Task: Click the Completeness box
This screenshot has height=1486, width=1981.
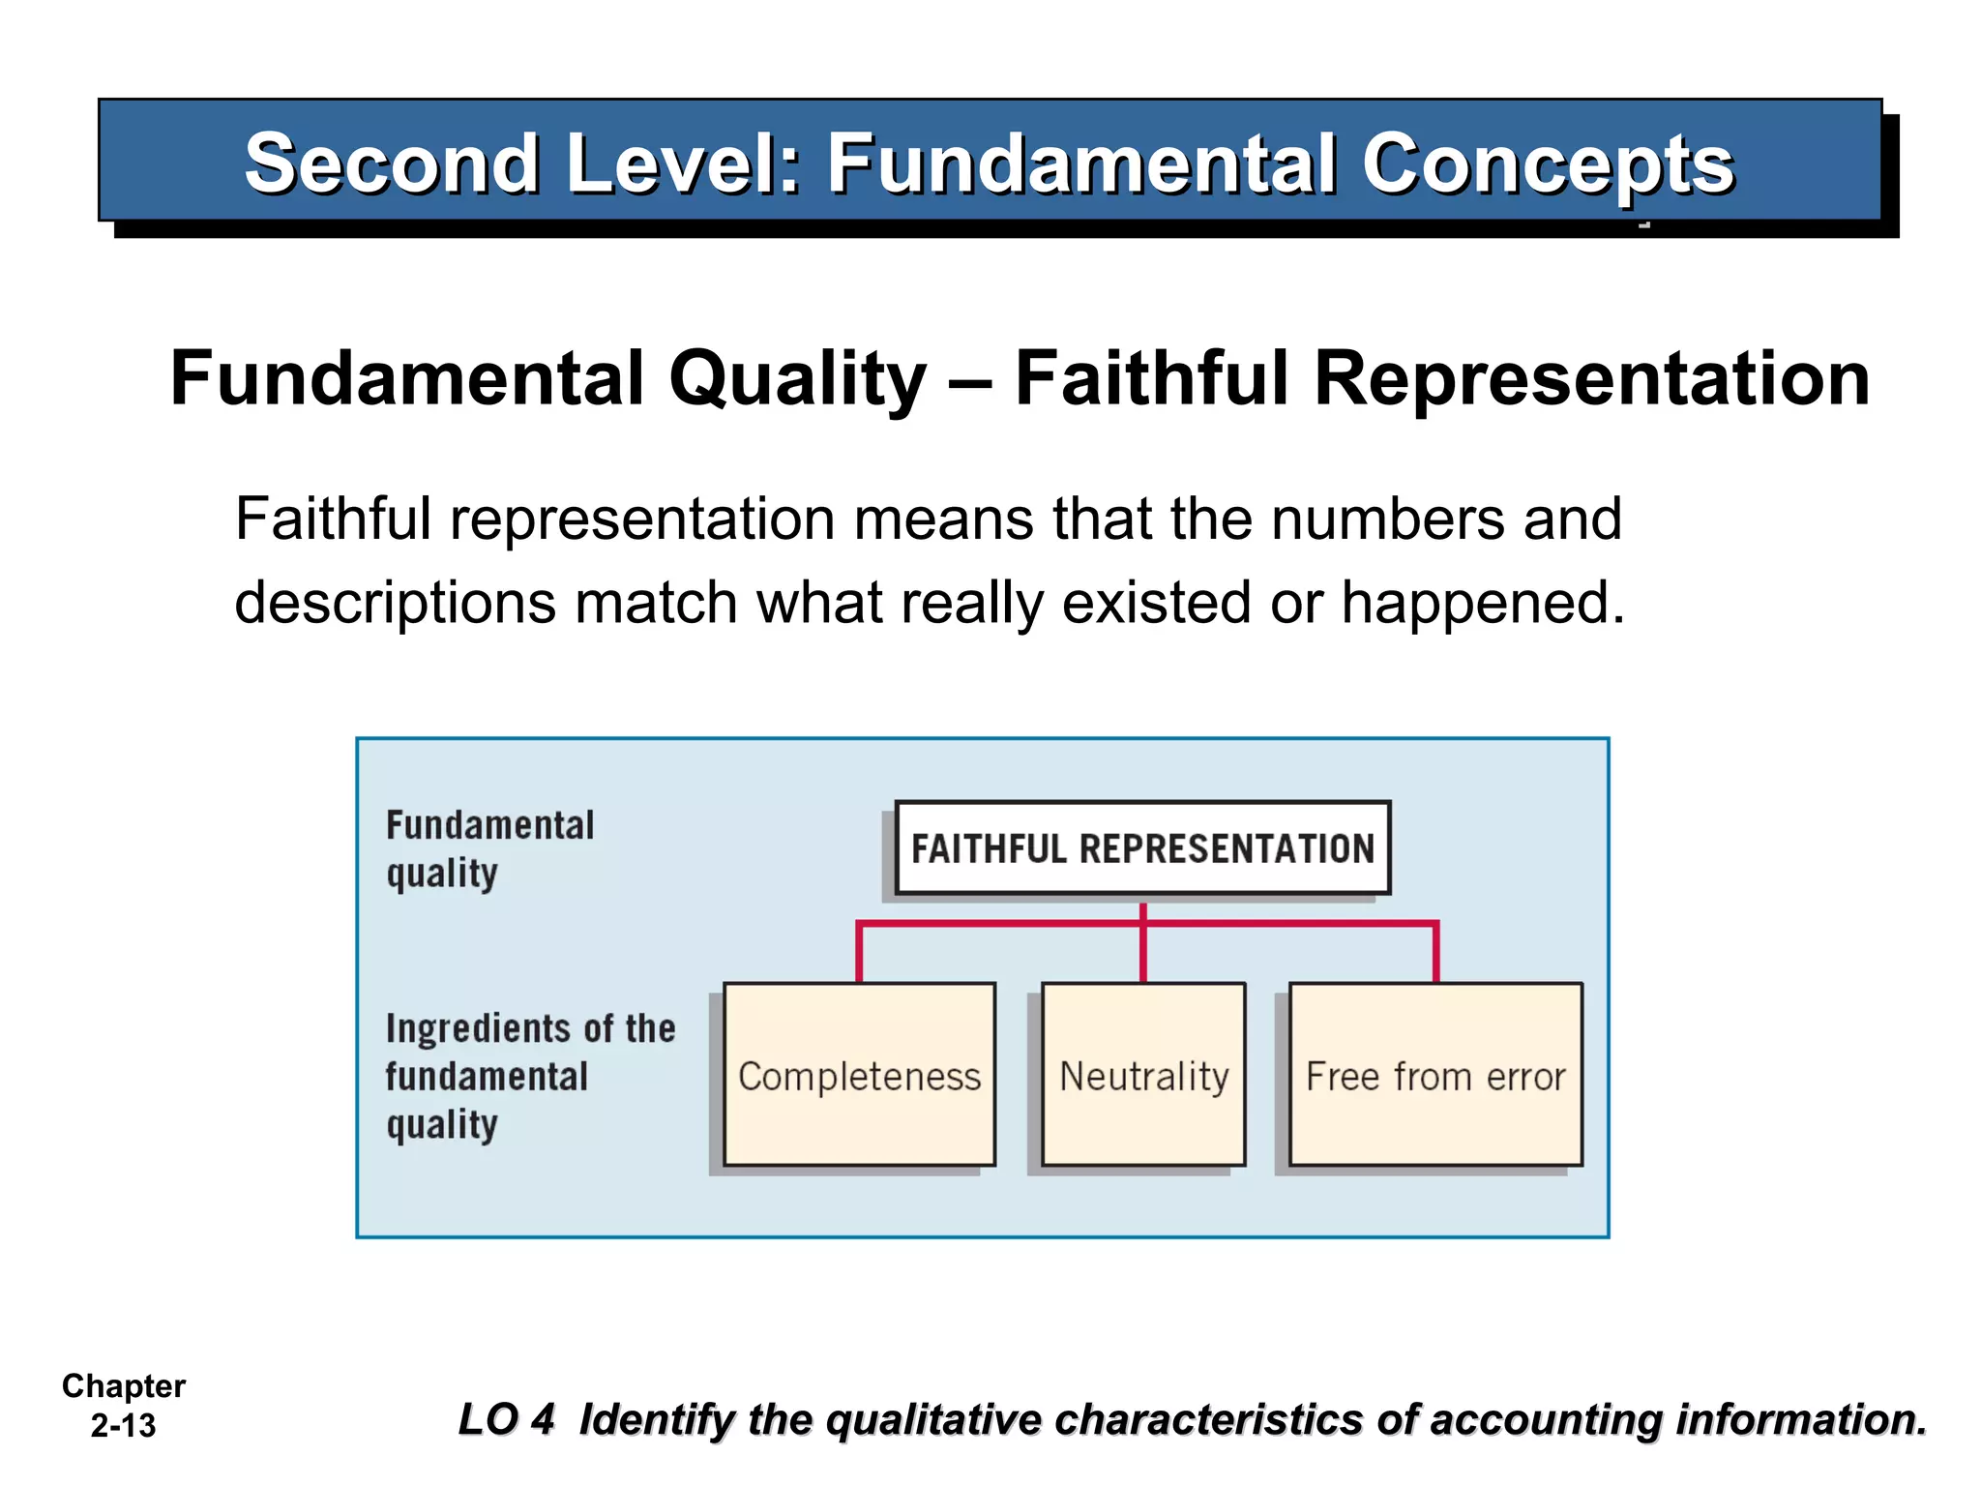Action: tap(859, 1074)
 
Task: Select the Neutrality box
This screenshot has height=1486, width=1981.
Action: tap(1143, 1074)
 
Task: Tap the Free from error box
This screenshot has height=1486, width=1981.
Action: tap(1435, 1074)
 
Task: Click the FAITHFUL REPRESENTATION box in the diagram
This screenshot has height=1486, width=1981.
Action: tap(1142, 848)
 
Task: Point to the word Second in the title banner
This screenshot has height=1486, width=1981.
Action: tap(391, 163)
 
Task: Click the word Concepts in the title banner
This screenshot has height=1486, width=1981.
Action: tap(1548, 163)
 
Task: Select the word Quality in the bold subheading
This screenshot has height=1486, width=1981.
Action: tap(797, 378)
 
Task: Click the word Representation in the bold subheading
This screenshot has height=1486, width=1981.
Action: tap(1591, 378)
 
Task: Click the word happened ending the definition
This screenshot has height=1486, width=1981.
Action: tap(1483, 603)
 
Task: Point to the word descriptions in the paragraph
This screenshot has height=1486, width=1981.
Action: tap(396, 603)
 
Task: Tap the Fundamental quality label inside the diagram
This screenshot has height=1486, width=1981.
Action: tap(489, 848)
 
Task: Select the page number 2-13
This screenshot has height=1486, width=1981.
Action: tap(123, 1426)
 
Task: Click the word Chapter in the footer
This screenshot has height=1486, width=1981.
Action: tap(124, 1385)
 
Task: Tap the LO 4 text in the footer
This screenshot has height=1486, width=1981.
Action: tap(506, 1419)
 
